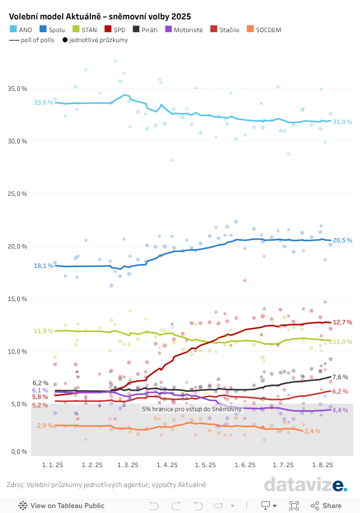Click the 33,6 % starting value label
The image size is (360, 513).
click(x=43, y=102)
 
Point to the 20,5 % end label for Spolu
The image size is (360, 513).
click(x=342, y=240)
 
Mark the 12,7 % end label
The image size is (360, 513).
click(x=342, y=322)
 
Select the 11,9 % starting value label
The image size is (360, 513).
click(x=43, y=331)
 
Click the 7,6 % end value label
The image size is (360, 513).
click(x=340, y=377)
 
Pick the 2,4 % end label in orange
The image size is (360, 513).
click(x=312, y=431)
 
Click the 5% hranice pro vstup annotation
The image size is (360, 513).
click(x=192, y=409)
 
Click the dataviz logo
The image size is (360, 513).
click(x=305, y=485)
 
